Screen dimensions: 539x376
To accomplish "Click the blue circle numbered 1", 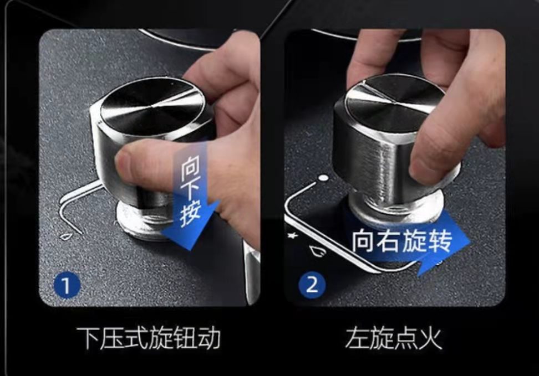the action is (x=67, y=285).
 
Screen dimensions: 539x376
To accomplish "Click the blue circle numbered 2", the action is (x=312, y=285).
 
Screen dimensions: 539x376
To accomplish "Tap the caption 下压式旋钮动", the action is (x=149, y=338).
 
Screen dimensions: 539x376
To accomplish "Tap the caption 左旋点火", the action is (x=394, y=338).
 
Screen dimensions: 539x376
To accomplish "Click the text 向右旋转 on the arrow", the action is (x=401, y=241).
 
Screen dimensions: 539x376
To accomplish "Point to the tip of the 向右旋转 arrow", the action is (x=470, y=241).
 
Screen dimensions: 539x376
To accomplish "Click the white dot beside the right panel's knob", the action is (x=323, y=178).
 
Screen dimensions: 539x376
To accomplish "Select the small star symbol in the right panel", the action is (x=293, y=235).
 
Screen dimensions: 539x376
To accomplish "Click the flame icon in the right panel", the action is (x=318, y=251).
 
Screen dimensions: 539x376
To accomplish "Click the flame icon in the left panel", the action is (x=66, y=236).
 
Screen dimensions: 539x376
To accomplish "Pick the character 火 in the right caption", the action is (x=430, y=338).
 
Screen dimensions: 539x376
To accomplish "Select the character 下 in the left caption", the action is (x=88, y=338).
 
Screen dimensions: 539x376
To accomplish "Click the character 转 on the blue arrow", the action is (x=440, y=241).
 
